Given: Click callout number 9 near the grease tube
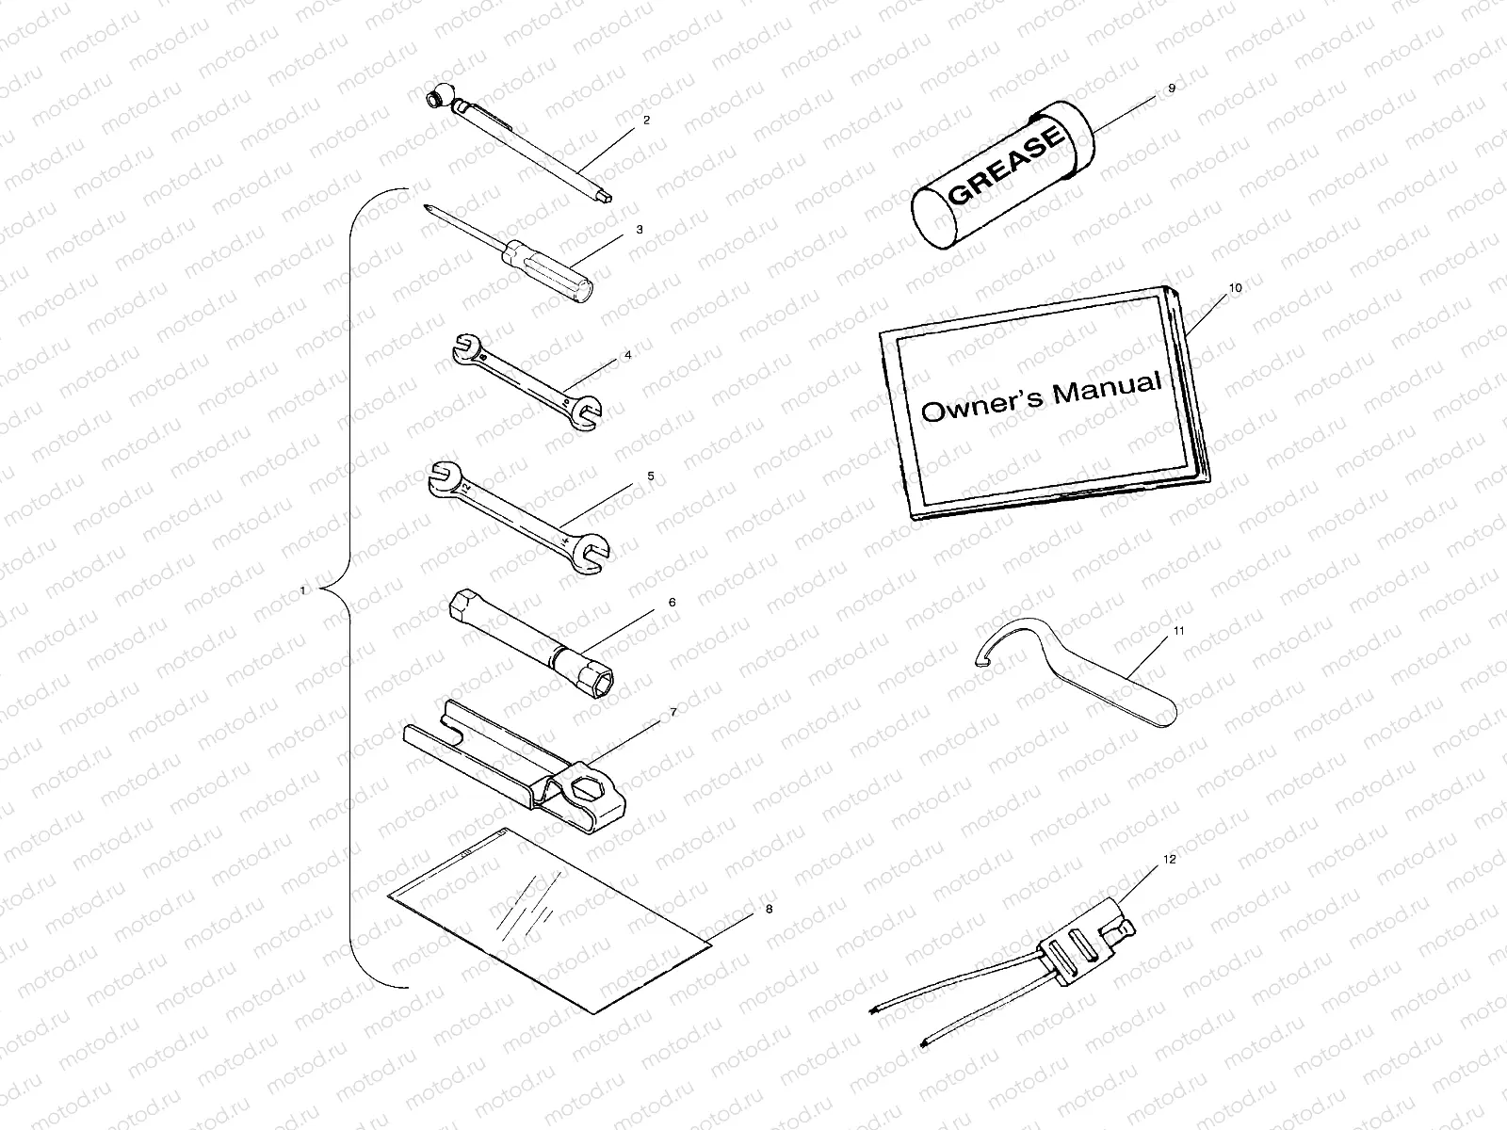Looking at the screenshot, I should pyautogui.click(x=1171, y=88).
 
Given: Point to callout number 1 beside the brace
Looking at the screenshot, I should pyautogui.click(x=302, y=590).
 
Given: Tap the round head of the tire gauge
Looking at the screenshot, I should pyautogui.click(x=437, y=97).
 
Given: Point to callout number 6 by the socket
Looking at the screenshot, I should pyautogui.click(x=672, y=602).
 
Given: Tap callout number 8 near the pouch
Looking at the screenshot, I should pyautogui.click(x=769, y=910).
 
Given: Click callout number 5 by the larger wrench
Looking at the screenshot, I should pyautogui.click(x=650, y=476).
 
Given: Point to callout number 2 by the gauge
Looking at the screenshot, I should pyautogui.click(x=646, y=121).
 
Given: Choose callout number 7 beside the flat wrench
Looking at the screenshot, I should pyautogui.click(x=672, y=713).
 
